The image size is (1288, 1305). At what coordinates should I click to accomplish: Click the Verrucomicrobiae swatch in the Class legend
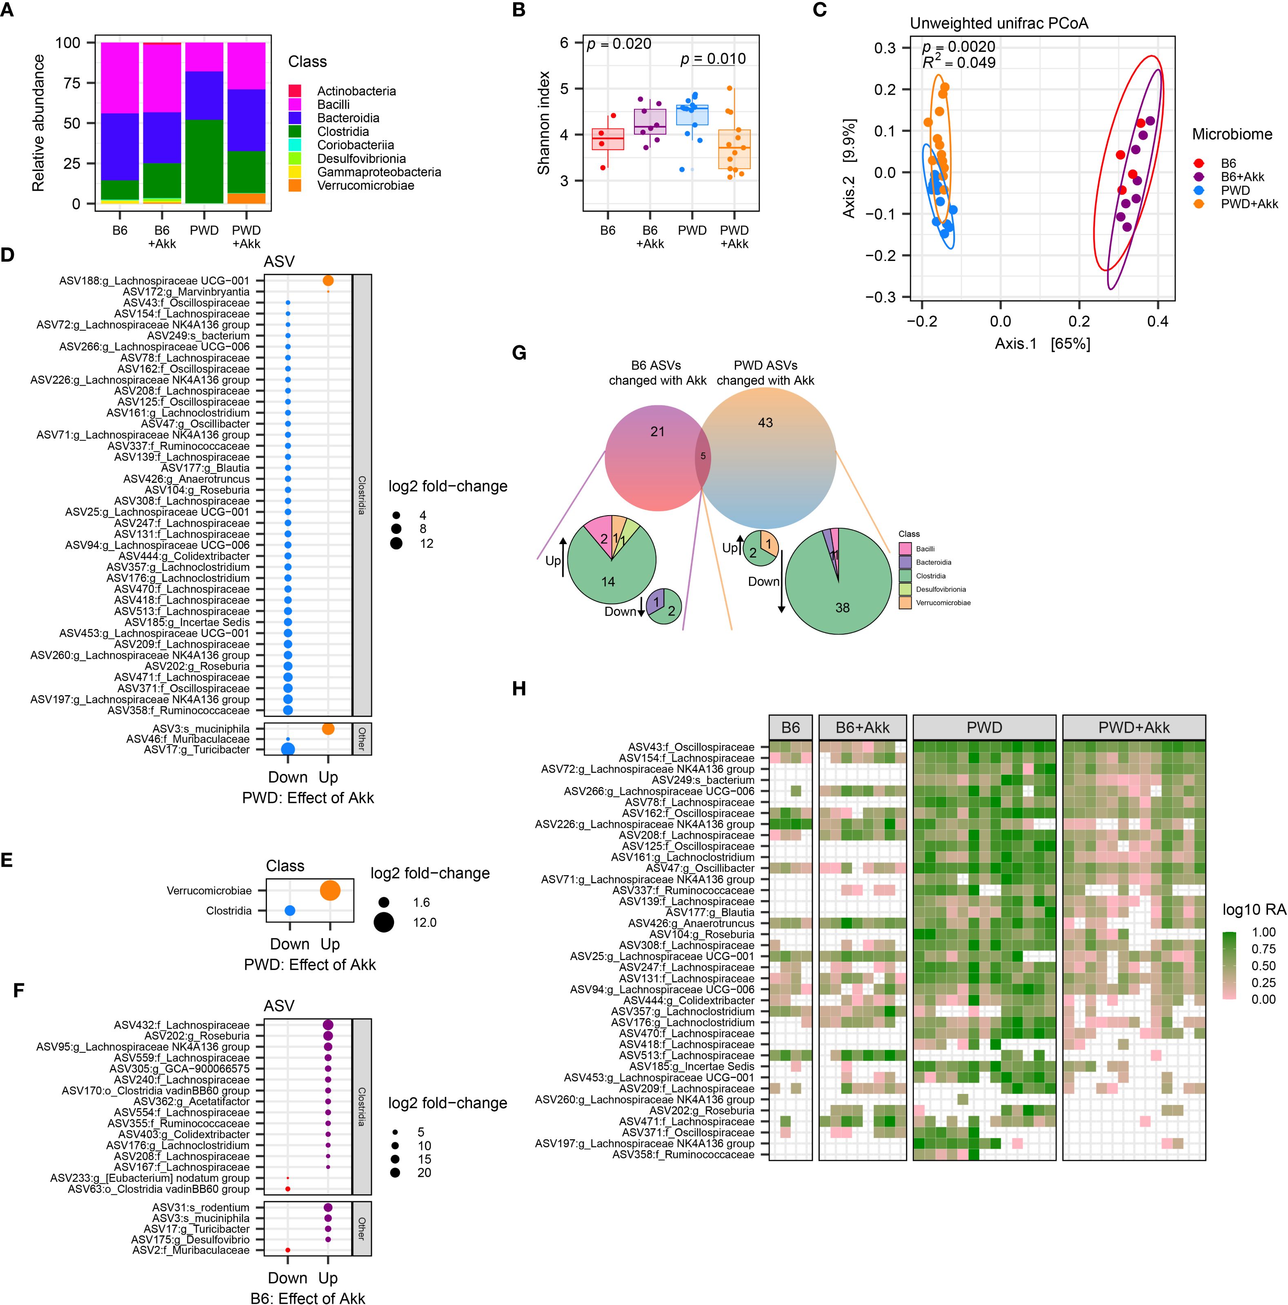coord(294,185)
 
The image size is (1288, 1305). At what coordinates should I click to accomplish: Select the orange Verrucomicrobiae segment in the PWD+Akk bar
coord(246,198)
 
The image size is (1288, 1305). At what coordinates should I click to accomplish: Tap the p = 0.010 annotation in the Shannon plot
coord(712,60)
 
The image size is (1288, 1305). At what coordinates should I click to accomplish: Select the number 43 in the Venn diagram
coord(765,423)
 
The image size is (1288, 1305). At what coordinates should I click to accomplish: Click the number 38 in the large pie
coord(842,608)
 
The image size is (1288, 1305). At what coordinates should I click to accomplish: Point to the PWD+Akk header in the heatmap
coord(1133,727)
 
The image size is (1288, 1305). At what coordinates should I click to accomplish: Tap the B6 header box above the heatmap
coord(790,727)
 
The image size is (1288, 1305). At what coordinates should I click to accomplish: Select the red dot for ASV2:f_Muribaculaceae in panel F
coord(288,1250)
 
